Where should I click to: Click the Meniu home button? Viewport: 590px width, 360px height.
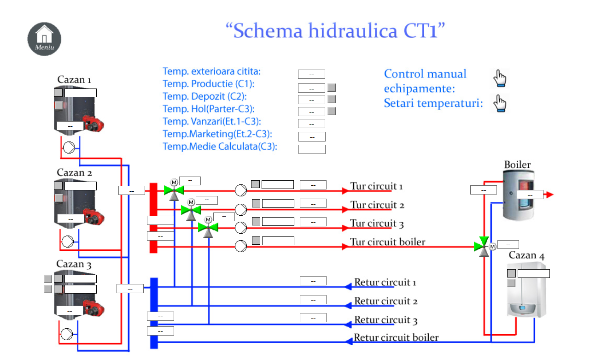pyautogui.click(x=44, y=38)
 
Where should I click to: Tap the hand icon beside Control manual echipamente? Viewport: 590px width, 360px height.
pyautogui.click(x=500, y=78)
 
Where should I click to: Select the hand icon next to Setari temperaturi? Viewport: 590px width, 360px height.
pyautogui.click(x=500, y=103)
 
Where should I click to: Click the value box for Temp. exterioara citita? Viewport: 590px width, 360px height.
pyautogui.click(x=311, y=75)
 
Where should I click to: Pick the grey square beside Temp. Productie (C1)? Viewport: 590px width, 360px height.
pyautogui.click(x=332, y=87)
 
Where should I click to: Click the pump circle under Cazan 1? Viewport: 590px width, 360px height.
pyautogui.click(x=70, y=148)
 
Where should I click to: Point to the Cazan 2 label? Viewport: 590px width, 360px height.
pyautogui.click(x=75, y=173)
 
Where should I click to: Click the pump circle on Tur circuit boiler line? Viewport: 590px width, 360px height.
pyautogui.click(x=241, y=247)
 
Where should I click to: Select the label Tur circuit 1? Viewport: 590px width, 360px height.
pyautogui.click(x=377, y=187)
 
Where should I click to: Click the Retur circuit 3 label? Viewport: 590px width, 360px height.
pyautogui.click(x=386, y=320)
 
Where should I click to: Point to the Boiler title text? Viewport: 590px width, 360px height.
pyautogui.click(x=517, y=165)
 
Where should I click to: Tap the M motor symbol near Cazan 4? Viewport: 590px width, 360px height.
pyautogui.click(x=492, y=247)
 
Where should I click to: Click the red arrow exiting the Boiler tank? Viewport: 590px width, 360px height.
pyautogui.click(x=548, y=195)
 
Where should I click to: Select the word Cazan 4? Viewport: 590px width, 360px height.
pyautogui.click(x=526, y=255)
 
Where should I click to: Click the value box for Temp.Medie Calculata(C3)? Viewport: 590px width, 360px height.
pyautogui.click(x=312, y=149)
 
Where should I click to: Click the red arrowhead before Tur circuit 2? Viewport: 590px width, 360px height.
pyautogui.click(x=345, y=209)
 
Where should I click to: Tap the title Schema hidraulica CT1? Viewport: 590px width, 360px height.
pyautogui.click(x=335, y=31)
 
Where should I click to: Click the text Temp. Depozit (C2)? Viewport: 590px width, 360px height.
pyautogui.click(x=204, y=96)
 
